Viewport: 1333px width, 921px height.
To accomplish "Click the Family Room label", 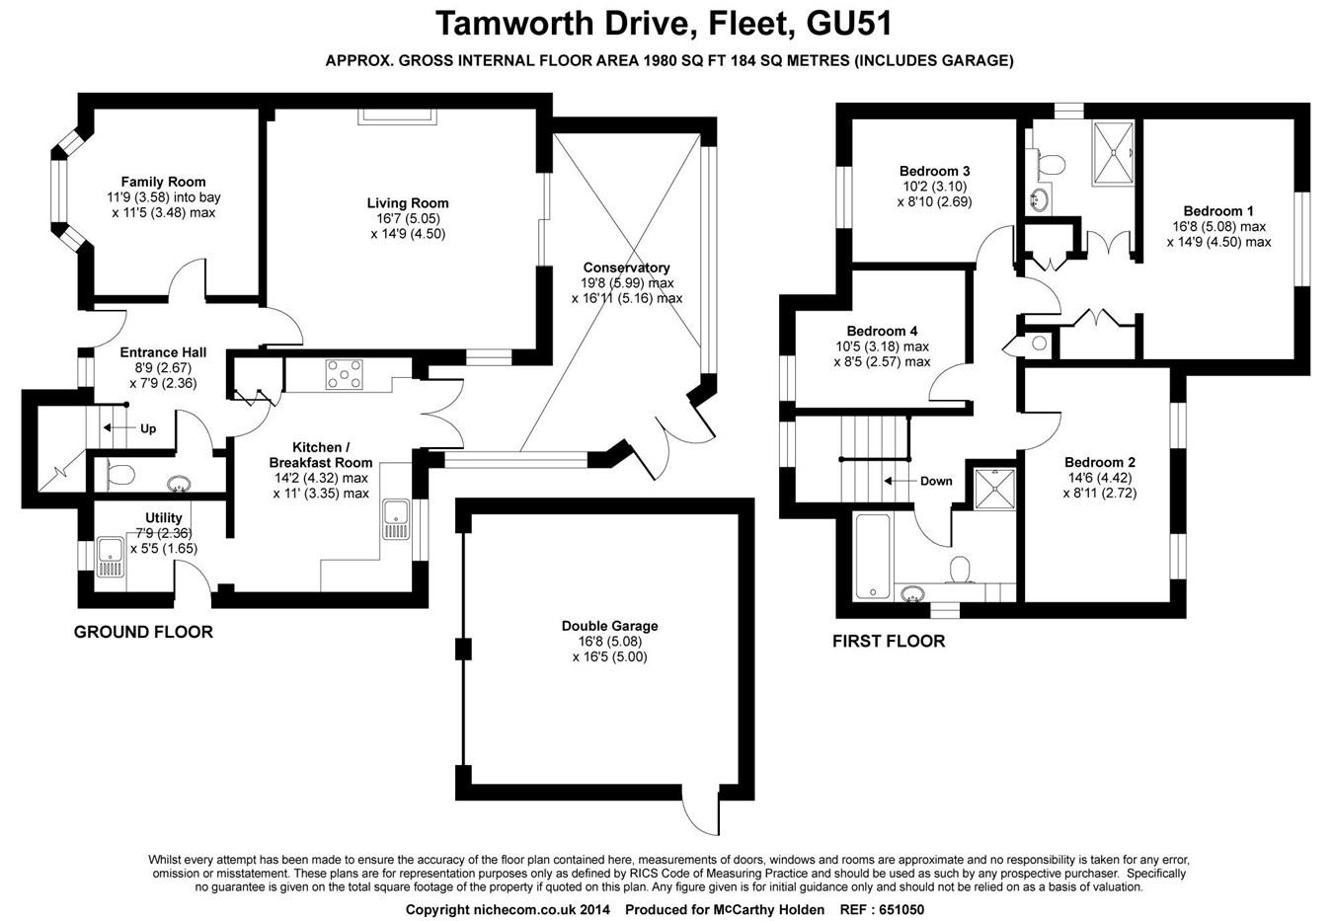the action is [163, 182].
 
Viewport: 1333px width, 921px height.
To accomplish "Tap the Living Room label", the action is [408, 203].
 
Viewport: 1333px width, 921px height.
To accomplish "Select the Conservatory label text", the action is [626, 268].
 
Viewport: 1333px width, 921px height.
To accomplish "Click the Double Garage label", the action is [609, 626].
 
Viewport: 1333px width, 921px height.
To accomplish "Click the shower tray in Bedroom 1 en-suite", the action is [1114, 153].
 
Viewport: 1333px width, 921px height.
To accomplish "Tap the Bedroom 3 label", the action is [934, 171].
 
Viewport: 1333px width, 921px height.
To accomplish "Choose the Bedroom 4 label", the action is [882, 331].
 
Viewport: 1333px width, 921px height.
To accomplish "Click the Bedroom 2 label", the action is [1099, 462].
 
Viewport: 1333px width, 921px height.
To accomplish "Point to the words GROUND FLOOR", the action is [143, 632].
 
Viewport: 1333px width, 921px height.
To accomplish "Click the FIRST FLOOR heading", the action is [889, 642].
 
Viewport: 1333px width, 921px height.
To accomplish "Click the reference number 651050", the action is [896, 909].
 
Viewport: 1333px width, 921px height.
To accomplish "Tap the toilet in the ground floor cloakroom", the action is [119, 475].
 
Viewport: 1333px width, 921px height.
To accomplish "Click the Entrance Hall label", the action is [163, 352].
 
